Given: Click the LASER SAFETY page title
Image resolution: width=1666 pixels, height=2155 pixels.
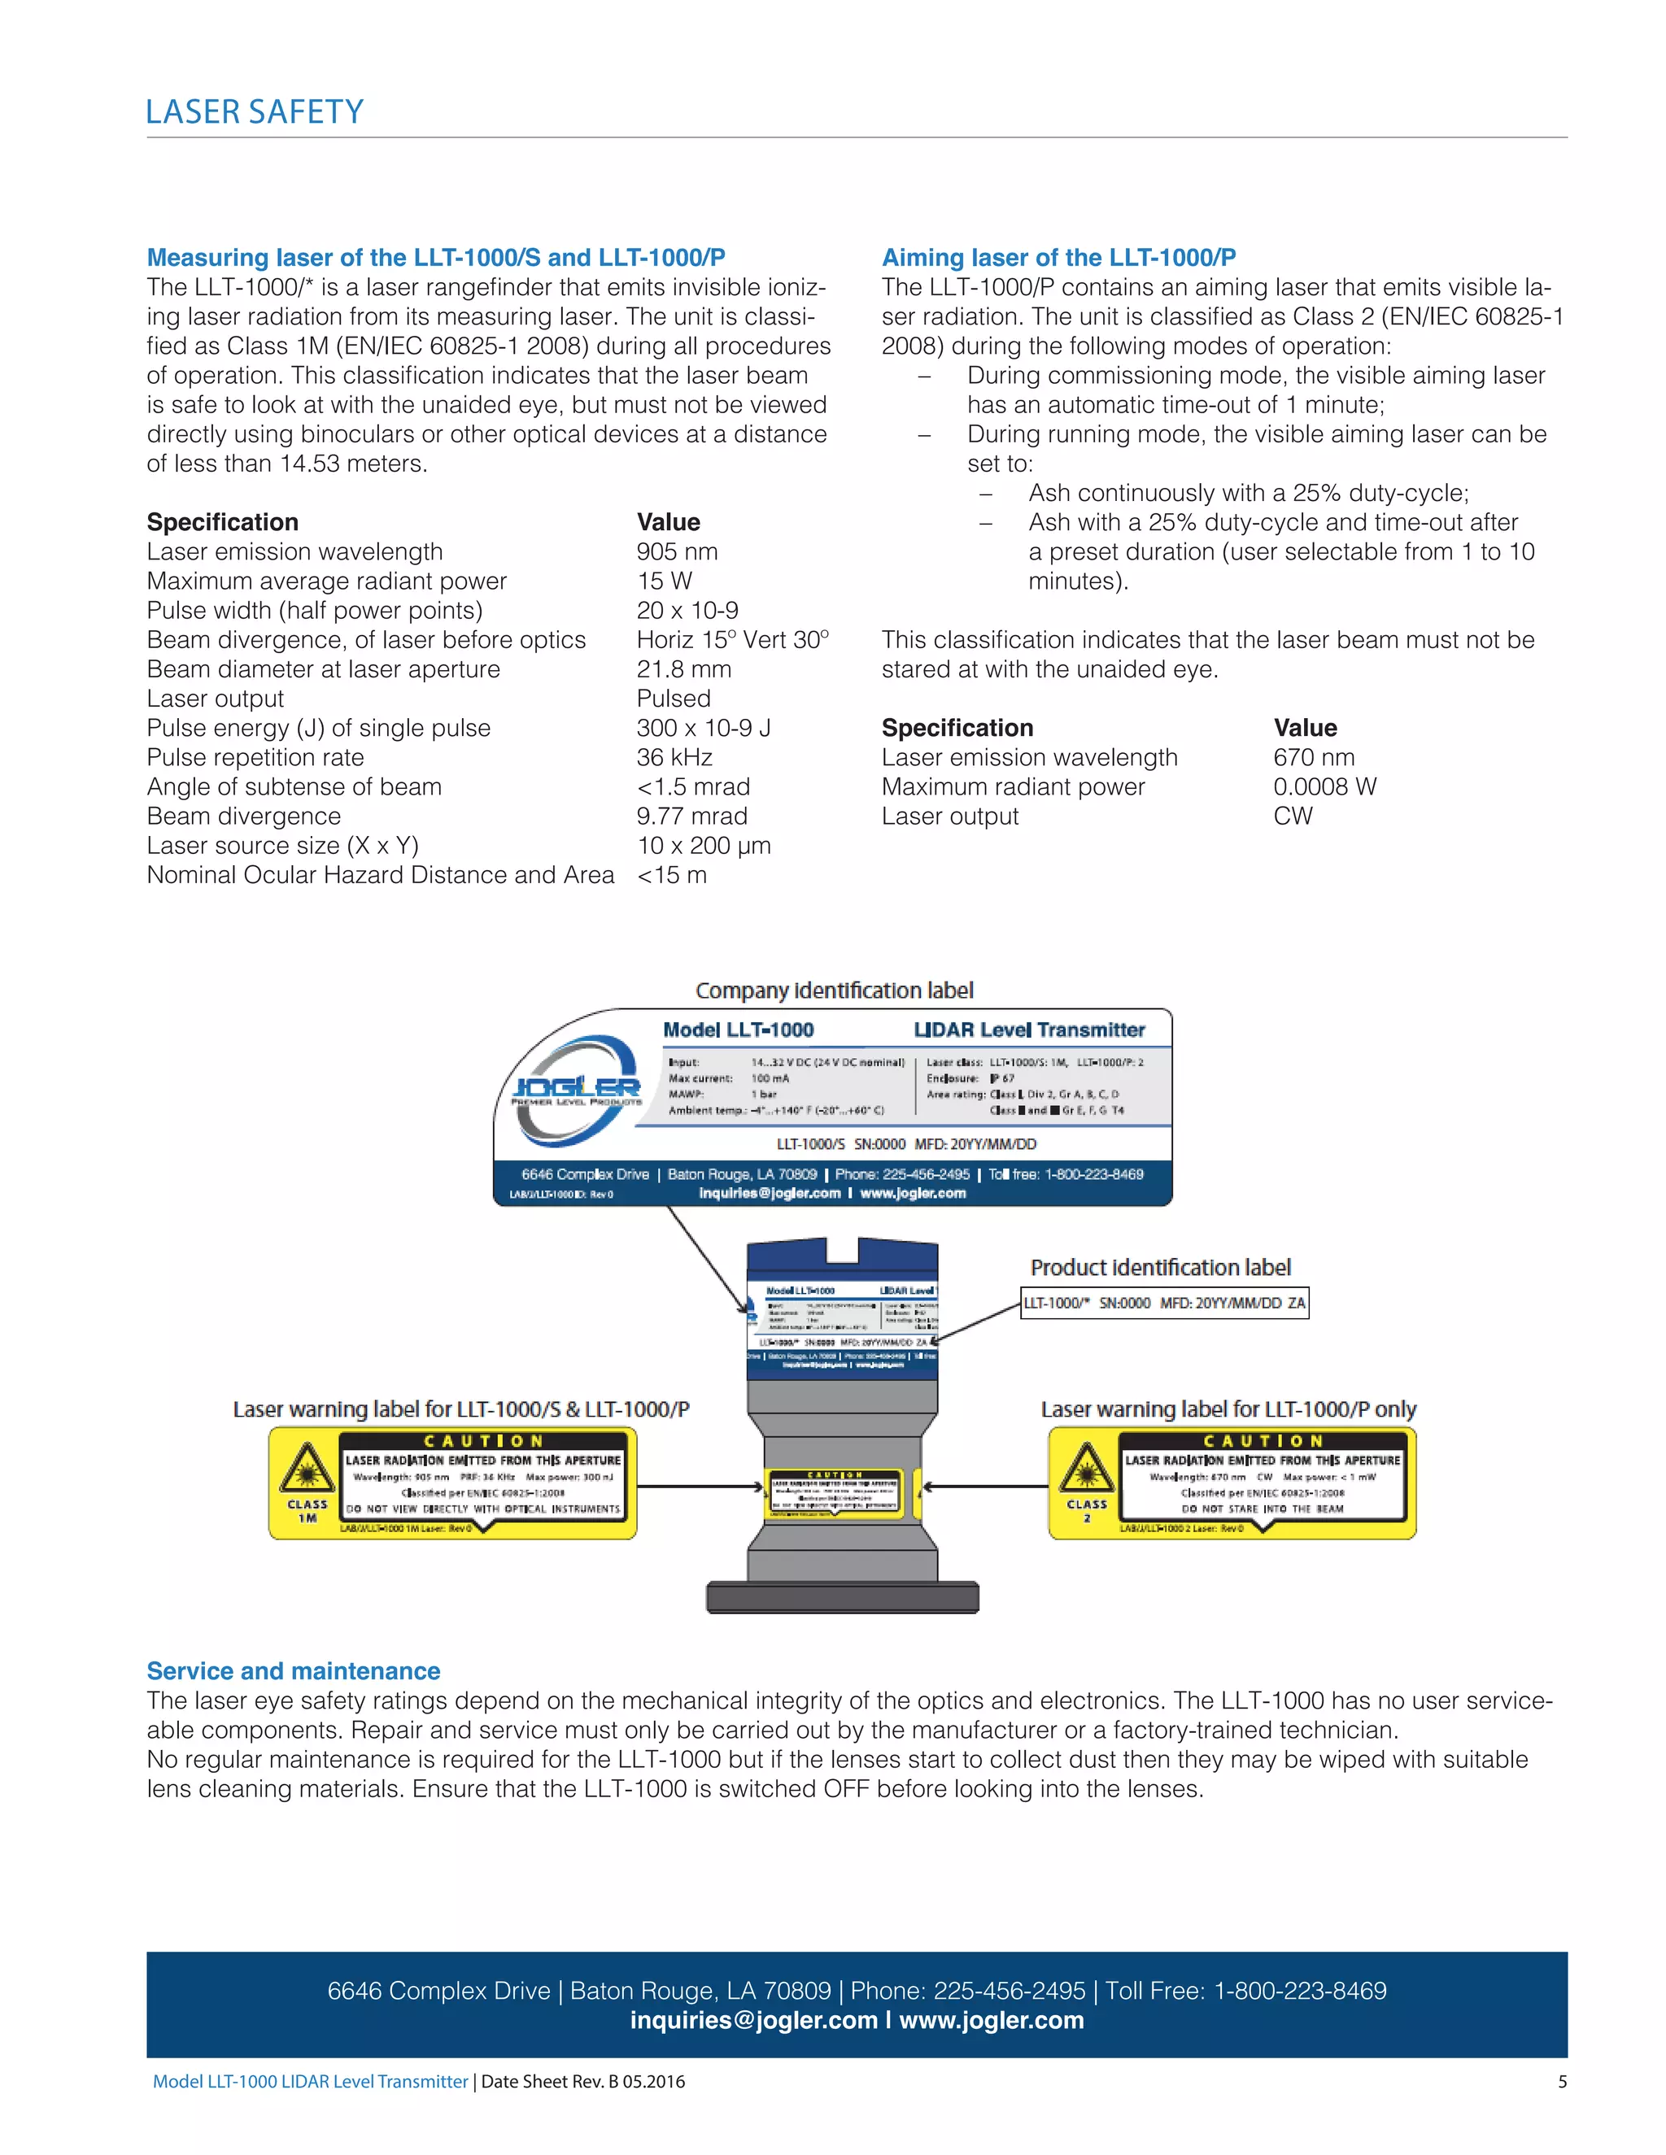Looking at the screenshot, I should [x=255, y=111].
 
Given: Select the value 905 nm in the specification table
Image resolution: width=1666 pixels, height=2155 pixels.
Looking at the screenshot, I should [x=677, y=551].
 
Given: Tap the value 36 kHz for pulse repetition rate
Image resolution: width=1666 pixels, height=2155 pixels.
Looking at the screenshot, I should [x=674, y=757].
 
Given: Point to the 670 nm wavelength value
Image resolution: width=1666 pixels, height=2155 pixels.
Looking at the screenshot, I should [x=1314, y=757].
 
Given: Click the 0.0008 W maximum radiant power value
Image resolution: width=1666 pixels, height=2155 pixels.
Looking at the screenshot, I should [x=1324, y=786].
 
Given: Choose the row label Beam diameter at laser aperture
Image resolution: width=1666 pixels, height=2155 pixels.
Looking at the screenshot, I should [x=323, y=669].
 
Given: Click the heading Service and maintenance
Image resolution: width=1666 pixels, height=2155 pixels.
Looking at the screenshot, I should [x=293, y=1670].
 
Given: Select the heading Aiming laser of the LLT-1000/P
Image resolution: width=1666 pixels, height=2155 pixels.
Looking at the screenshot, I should [x=1058, y=258].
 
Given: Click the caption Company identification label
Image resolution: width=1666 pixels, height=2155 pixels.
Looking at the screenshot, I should [x=834, y=990].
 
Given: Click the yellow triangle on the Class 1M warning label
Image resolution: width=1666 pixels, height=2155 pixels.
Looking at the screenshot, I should [x=307, y=1469].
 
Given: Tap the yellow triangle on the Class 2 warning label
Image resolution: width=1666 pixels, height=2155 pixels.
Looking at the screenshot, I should [x=1087, y=1469].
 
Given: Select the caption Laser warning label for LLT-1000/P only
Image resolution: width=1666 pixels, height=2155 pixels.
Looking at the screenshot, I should [x=1228, y=1409].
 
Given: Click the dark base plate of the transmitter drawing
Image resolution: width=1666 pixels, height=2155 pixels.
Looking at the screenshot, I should [x=842, y=1596].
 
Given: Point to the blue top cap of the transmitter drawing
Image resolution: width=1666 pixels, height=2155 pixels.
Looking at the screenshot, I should [x=842, y=1260].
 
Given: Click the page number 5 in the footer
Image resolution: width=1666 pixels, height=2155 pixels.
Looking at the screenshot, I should [x=1561, y=2081].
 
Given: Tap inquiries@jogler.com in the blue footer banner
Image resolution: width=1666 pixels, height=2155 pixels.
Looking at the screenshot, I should [x=753, y=2020].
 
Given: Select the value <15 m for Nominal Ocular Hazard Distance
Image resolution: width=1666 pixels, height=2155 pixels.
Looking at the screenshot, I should [x=671, y=875].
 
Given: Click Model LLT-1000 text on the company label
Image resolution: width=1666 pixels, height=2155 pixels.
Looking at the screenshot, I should [x=739, y=1030].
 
